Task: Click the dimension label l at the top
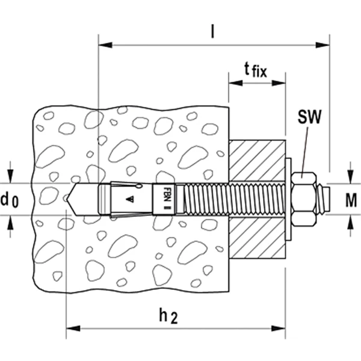tap(212, 31)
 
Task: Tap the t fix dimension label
tap(256, 70)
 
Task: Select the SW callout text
tap(309, 117)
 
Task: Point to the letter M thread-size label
tap(351, 200)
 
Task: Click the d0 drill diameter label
tap(10, 200)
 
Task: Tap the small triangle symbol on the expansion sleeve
tap(130, 199)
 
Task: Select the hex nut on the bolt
tap(304, 199)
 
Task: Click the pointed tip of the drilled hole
tap(67, 200)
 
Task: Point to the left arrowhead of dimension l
tap(105, 45)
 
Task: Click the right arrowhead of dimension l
tap(322, 45)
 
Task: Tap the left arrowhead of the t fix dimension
tap(235, 82)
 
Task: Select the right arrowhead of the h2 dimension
tap(279, 329)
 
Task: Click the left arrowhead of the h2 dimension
tap(73, 329)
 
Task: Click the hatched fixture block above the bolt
tap(258, 160)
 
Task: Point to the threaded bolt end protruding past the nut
tap(322, 199)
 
